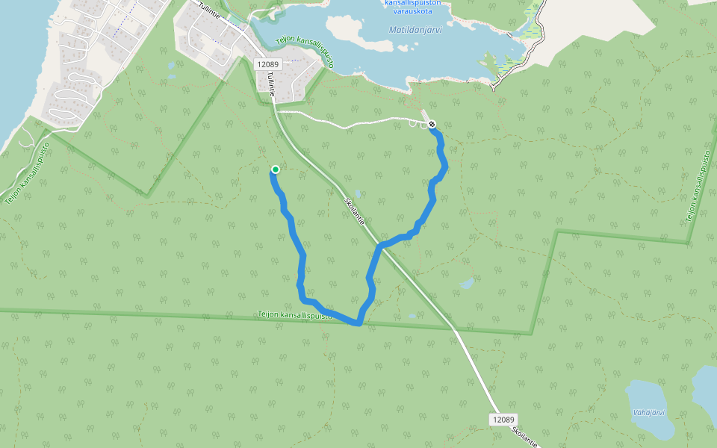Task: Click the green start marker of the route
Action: pyautogui.click(x=275, y=169)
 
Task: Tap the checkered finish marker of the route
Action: pyautogui.click(x=432, y=125)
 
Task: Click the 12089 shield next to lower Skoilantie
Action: pyautogui.click(x=504, y=420)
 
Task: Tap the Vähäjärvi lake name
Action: pyautogui.click(x=648, y=412)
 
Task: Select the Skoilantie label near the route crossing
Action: pyautogui.click(x=355, y=211)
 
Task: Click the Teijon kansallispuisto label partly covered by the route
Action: pyautogui.click(x=294, y=315)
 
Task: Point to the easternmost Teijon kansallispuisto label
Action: pyautogui.click(x=698, y=186)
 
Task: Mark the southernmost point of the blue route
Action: pyautogui.click(x=358, y=324)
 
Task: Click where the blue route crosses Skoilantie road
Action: pyautogui.click(x=380, y=246)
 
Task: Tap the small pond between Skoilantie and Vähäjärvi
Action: pyautogui.click(x=467, y=284)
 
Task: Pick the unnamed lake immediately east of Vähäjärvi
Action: pyautogui.click(x=705, y=388)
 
